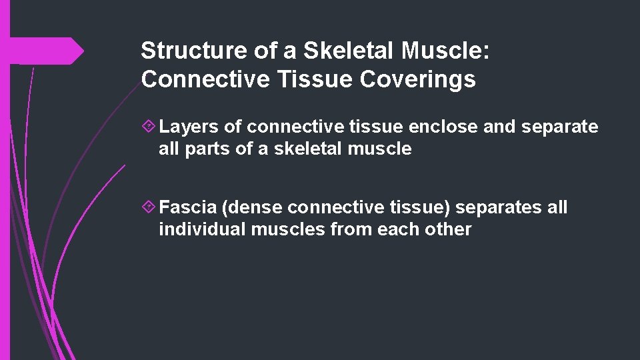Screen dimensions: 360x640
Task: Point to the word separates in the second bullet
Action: click(498, 207)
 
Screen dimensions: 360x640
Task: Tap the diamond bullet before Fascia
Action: click(150, 207)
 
